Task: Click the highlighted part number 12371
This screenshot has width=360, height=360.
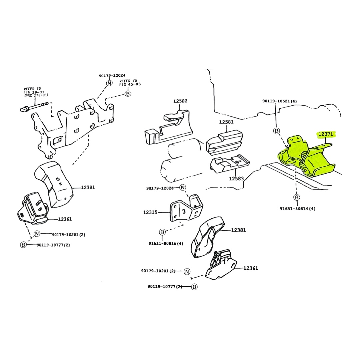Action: tap(326, 134)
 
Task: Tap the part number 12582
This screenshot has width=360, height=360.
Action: tap(180, 101)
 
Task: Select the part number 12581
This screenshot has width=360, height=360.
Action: tap(226, 122)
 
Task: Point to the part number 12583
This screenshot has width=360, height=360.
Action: tap(236, 178)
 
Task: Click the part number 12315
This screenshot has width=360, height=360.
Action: tap(150, 212)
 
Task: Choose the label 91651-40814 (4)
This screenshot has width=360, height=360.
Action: tap(297, 208)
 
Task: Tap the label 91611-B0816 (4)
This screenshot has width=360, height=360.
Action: tap(166, 243)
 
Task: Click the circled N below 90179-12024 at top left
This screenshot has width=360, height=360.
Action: tap(109, 83)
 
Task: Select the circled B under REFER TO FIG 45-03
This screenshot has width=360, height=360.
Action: tap(128, 93)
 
